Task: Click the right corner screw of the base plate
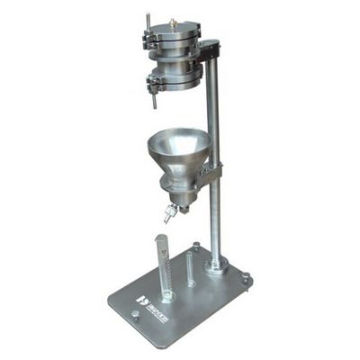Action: [246, 280]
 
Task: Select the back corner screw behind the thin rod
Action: [196, 246]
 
